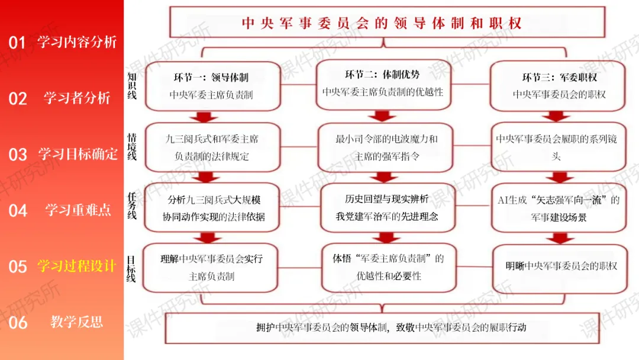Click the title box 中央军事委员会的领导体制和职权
click(387, 22)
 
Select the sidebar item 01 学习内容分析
click(63, 42)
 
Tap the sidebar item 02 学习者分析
click(60, 98)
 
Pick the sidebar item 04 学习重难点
click(60, 210)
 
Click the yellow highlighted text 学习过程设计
click(77, 266)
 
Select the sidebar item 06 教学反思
click(56, 323)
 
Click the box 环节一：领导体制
click(213, 86)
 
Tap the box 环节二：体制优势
click(383, 85)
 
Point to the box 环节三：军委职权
click(557, 86)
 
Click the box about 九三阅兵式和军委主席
click(213, 147)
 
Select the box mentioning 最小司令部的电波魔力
click(386, 147)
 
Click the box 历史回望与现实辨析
click(387, 208)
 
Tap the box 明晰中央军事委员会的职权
click(560, 268)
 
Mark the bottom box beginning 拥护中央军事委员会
click(382, 328)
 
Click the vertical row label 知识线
click(132, 86)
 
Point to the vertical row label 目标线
click(131, 269)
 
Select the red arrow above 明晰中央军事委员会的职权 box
click(560, 238)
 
